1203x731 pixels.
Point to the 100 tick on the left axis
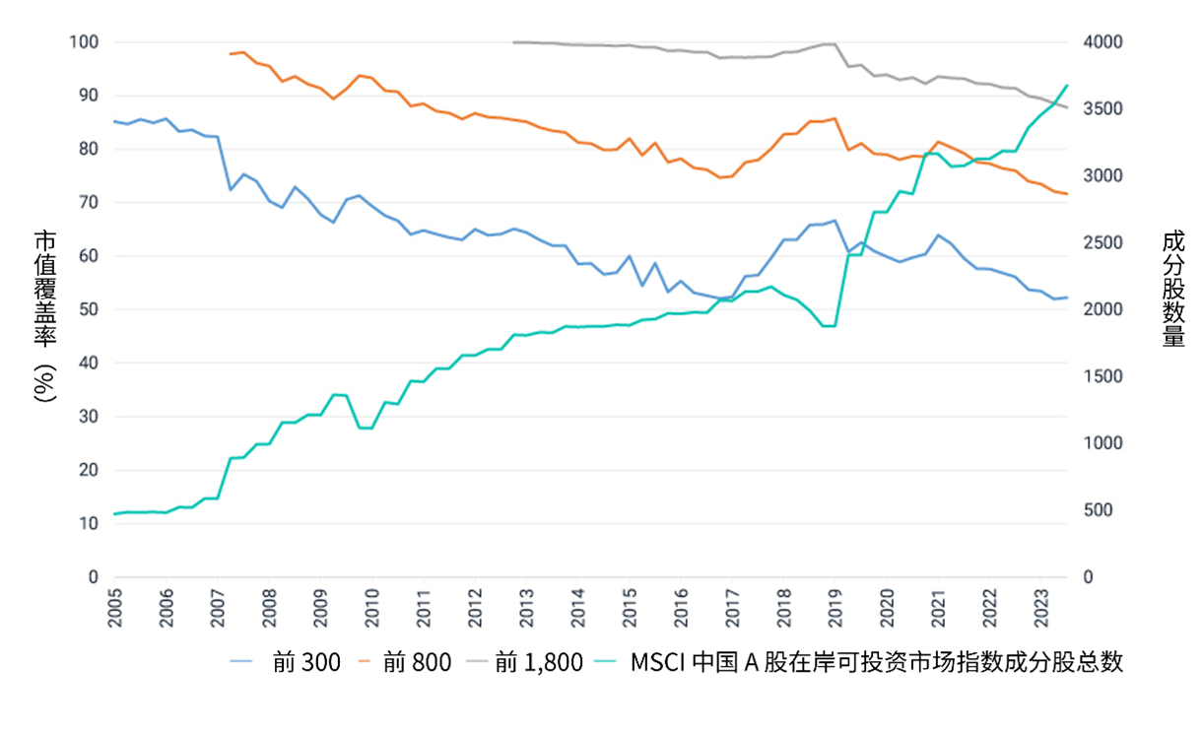click(84, 42)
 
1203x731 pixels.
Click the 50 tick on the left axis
click(88, 309)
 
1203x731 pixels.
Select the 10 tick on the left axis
click(88, 523)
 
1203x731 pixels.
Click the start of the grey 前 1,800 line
click(514, 42)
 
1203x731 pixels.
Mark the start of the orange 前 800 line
click(230, 54)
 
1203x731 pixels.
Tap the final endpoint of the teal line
click(1067, 85)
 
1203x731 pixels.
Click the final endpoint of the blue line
click(1067, 298)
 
